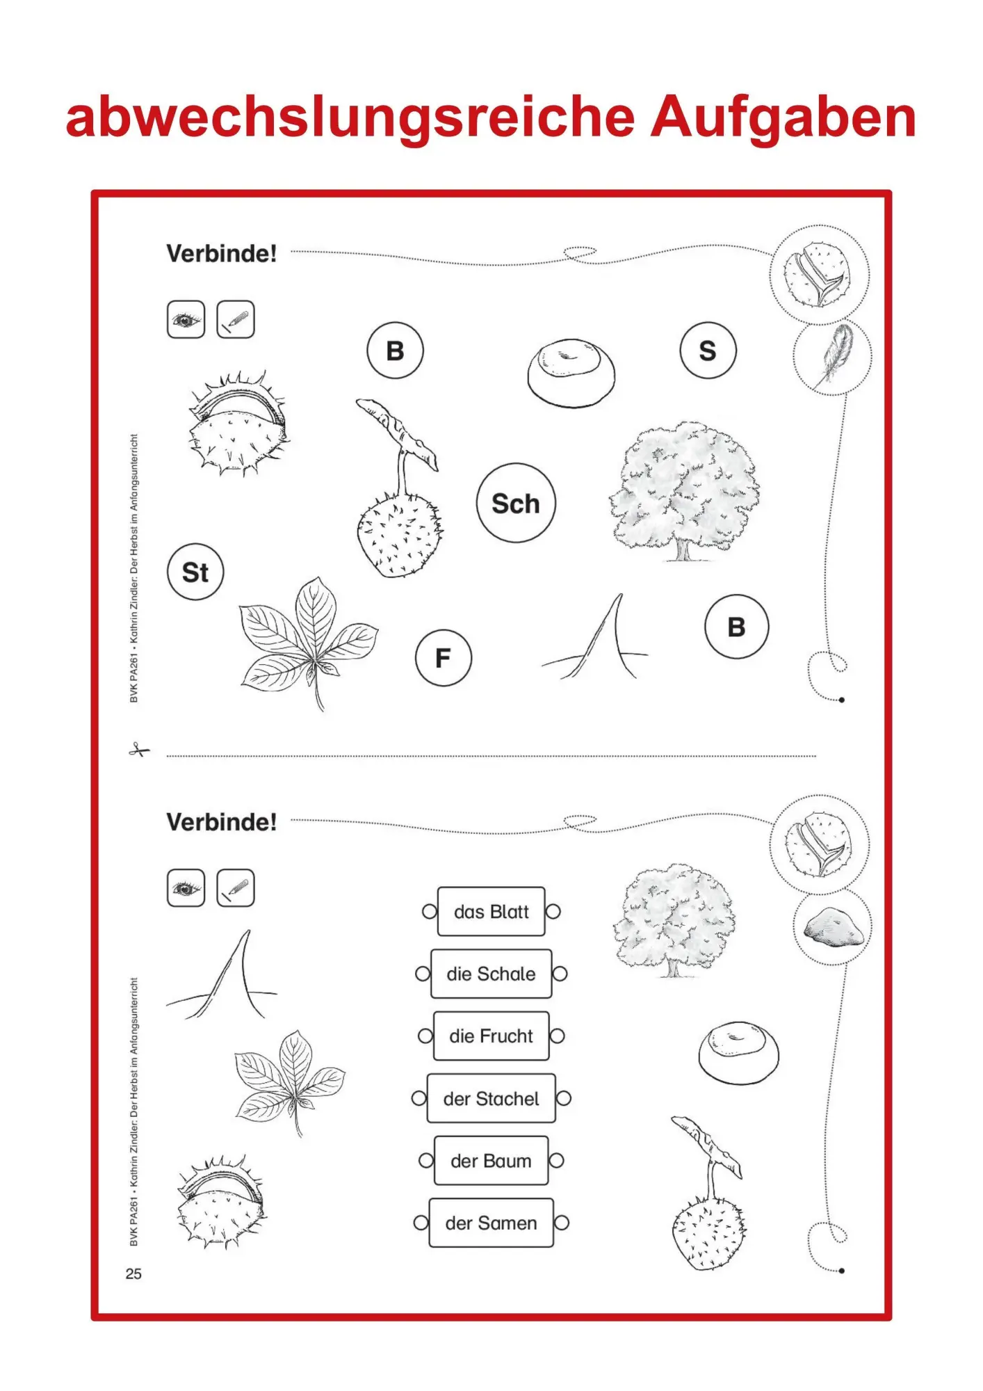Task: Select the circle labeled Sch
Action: tap(516, 503)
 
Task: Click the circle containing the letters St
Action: tap(195, 572)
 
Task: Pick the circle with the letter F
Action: tap(444, 657)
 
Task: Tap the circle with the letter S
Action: tap(708, 351)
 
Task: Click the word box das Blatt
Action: tap(491, 911)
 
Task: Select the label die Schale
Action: tap(491, 974)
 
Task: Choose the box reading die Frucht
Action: tap(491, 1036)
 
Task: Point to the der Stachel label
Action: tap(491, 1098)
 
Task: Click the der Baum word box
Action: tap(491, 1160)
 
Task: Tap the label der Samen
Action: tap(491, 1223)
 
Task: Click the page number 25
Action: tap(133, 1273)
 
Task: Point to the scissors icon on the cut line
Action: tap(139, 750)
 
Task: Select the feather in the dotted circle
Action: tap(835, 354)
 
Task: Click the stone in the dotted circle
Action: tap(834, 926)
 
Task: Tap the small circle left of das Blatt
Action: tap(430, 911)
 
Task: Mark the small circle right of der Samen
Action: tap(562, 1223)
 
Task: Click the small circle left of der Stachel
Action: tap(419, 1098)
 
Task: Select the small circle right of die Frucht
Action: tap(557, 1036)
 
